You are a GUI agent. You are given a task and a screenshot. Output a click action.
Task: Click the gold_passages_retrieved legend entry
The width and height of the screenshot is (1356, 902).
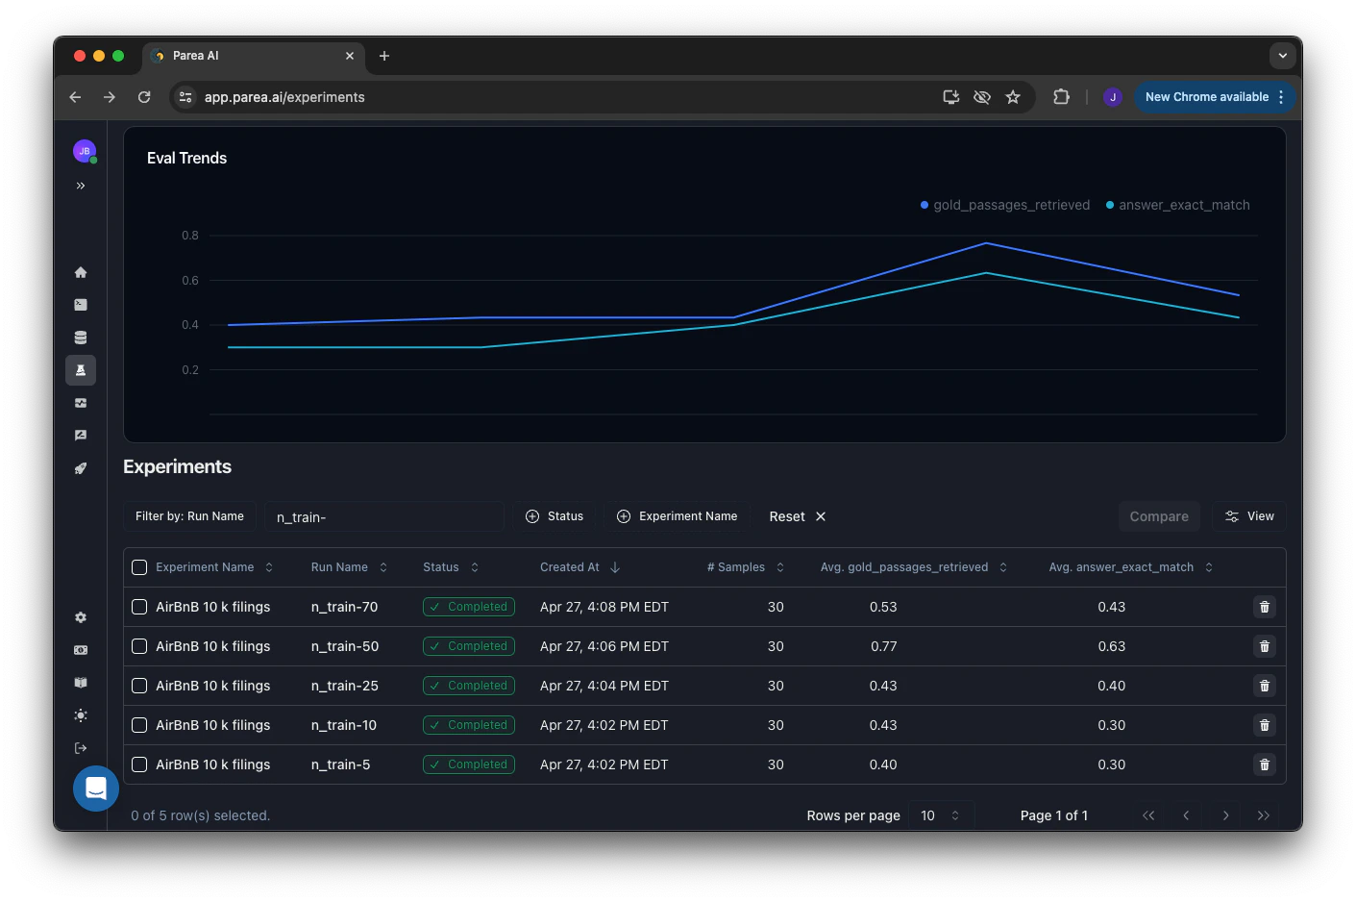tap(1005, 205)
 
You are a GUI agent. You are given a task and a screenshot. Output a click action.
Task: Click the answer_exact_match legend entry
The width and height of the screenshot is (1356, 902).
tap(1178, 205)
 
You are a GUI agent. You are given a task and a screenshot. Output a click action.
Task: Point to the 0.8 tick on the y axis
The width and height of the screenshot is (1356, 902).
tap(190, 236)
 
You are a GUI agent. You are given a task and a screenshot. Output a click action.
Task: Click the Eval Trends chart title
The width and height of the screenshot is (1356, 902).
tap(186, 159)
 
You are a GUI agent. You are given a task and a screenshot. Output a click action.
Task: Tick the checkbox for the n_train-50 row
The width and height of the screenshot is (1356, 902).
tap(139, 646)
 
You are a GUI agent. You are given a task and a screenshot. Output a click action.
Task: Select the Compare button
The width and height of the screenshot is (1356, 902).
tap(1158, 516)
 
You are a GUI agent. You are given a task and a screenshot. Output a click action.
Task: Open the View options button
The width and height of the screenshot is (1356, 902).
tap(1248, 516)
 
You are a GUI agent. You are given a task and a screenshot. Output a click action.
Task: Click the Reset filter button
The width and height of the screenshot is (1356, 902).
tap(797, 516)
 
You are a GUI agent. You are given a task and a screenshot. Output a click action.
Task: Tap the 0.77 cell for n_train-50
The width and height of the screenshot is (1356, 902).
tap(883, 646)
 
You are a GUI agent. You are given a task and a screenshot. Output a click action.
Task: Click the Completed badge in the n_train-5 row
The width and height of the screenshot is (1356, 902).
tap(469, 764)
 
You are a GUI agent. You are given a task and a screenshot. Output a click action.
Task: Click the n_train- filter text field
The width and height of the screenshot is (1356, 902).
tap(383, 517)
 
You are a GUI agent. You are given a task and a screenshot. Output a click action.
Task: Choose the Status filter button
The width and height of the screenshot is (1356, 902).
tap(555, 516)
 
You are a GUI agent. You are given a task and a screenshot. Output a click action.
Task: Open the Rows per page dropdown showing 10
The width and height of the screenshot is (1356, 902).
tap(940, 815)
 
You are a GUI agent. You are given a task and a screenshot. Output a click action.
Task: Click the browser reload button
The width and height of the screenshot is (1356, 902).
tap(144, 97)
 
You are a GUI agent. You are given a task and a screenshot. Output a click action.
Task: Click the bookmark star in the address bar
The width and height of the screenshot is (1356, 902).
tap(1012, 97)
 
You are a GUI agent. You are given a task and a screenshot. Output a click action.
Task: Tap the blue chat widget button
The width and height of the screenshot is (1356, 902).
tap(96, 789)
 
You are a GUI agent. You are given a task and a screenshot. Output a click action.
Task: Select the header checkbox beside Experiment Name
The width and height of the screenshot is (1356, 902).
tap(139, 567)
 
